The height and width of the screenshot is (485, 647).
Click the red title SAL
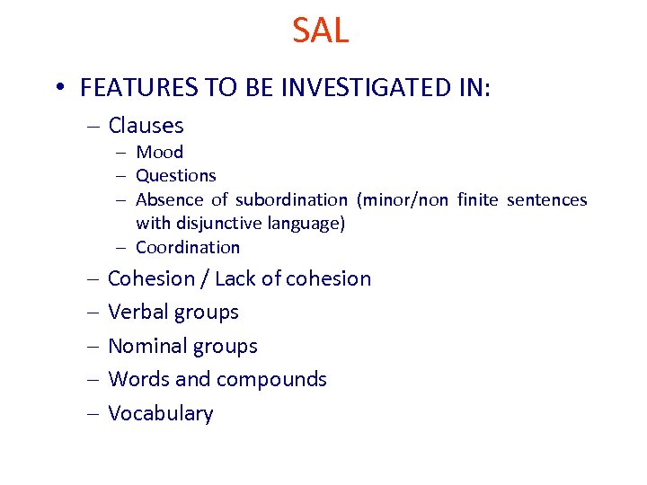pyautogui.click(x=321, y=31)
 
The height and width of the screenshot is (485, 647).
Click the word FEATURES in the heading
pyautogui.click(x=133, y=88)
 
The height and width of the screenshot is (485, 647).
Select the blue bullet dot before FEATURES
pyautogui.click(x=59, y=88)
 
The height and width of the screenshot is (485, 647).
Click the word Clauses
pyautogui.click(x=146, y=126)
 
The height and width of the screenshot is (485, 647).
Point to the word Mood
pyautogui.click(x=159, y=152)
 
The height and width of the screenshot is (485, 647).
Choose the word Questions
pyautogui.click(x=176, y=176)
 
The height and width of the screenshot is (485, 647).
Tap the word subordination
pyautogui.click(x=291, y=199)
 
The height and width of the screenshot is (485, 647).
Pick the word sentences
pyautogui.click(x=546, y=199)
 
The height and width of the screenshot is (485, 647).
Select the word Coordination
pyautogui.click(x=188, y=247)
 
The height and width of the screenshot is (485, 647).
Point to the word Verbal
pyautogui.click(x=137, y=313)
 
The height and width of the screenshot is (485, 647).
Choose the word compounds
pyautogui.click(x=270, y=380)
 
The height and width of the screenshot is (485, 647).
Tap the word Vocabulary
pyautogui.click(x=161, y=413)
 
